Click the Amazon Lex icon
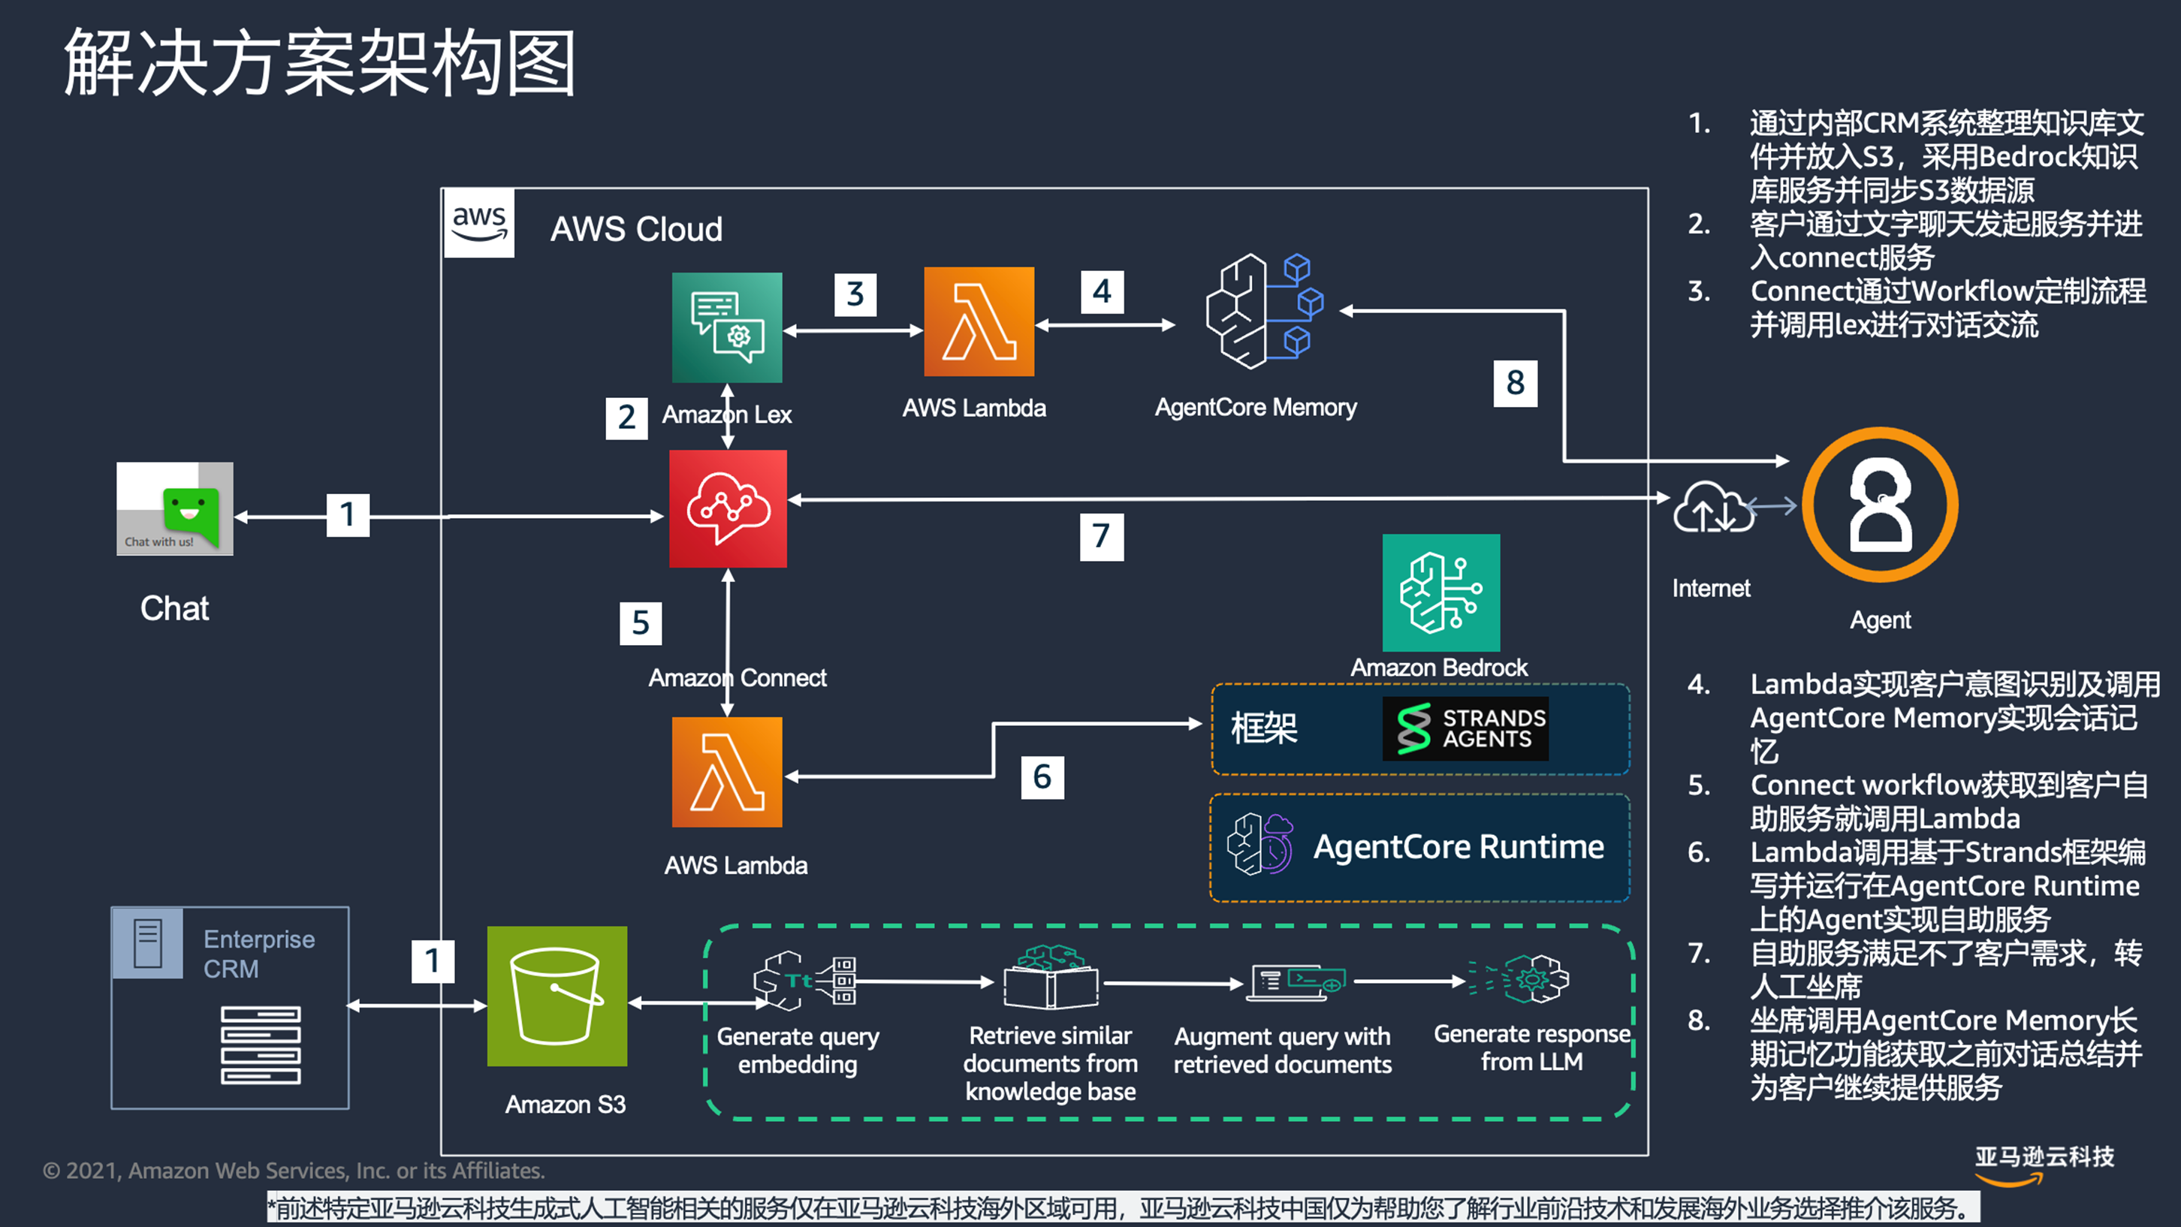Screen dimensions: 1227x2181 (x=726, y=327)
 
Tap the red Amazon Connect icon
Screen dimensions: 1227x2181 (x=727, y=508)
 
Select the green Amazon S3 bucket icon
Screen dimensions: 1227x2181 (x=557, y=996)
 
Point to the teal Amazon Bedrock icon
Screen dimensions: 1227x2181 (x=1440, y=592)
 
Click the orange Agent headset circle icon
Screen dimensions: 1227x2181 (x=1880, y=505)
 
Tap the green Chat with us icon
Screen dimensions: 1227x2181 (x=175, y=509)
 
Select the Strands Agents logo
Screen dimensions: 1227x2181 (x=1465, y=728)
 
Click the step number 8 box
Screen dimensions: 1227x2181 (x=1515, y=383)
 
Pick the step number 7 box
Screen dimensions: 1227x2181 (x=1101, y=536)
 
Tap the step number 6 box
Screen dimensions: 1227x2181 (x=1042, y=777)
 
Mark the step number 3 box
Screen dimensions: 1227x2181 (x=855, y=294)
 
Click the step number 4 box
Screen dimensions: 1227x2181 (x=1102, y=292)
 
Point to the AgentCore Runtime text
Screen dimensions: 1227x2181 (x=1458, y=847)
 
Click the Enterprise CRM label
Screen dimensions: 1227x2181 (x=259, y=954)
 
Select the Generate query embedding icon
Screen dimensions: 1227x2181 (x=804, y=981)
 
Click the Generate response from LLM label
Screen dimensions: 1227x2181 (x=1531, y=1048)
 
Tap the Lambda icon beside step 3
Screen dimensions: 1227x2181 (x=979, y=322)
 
